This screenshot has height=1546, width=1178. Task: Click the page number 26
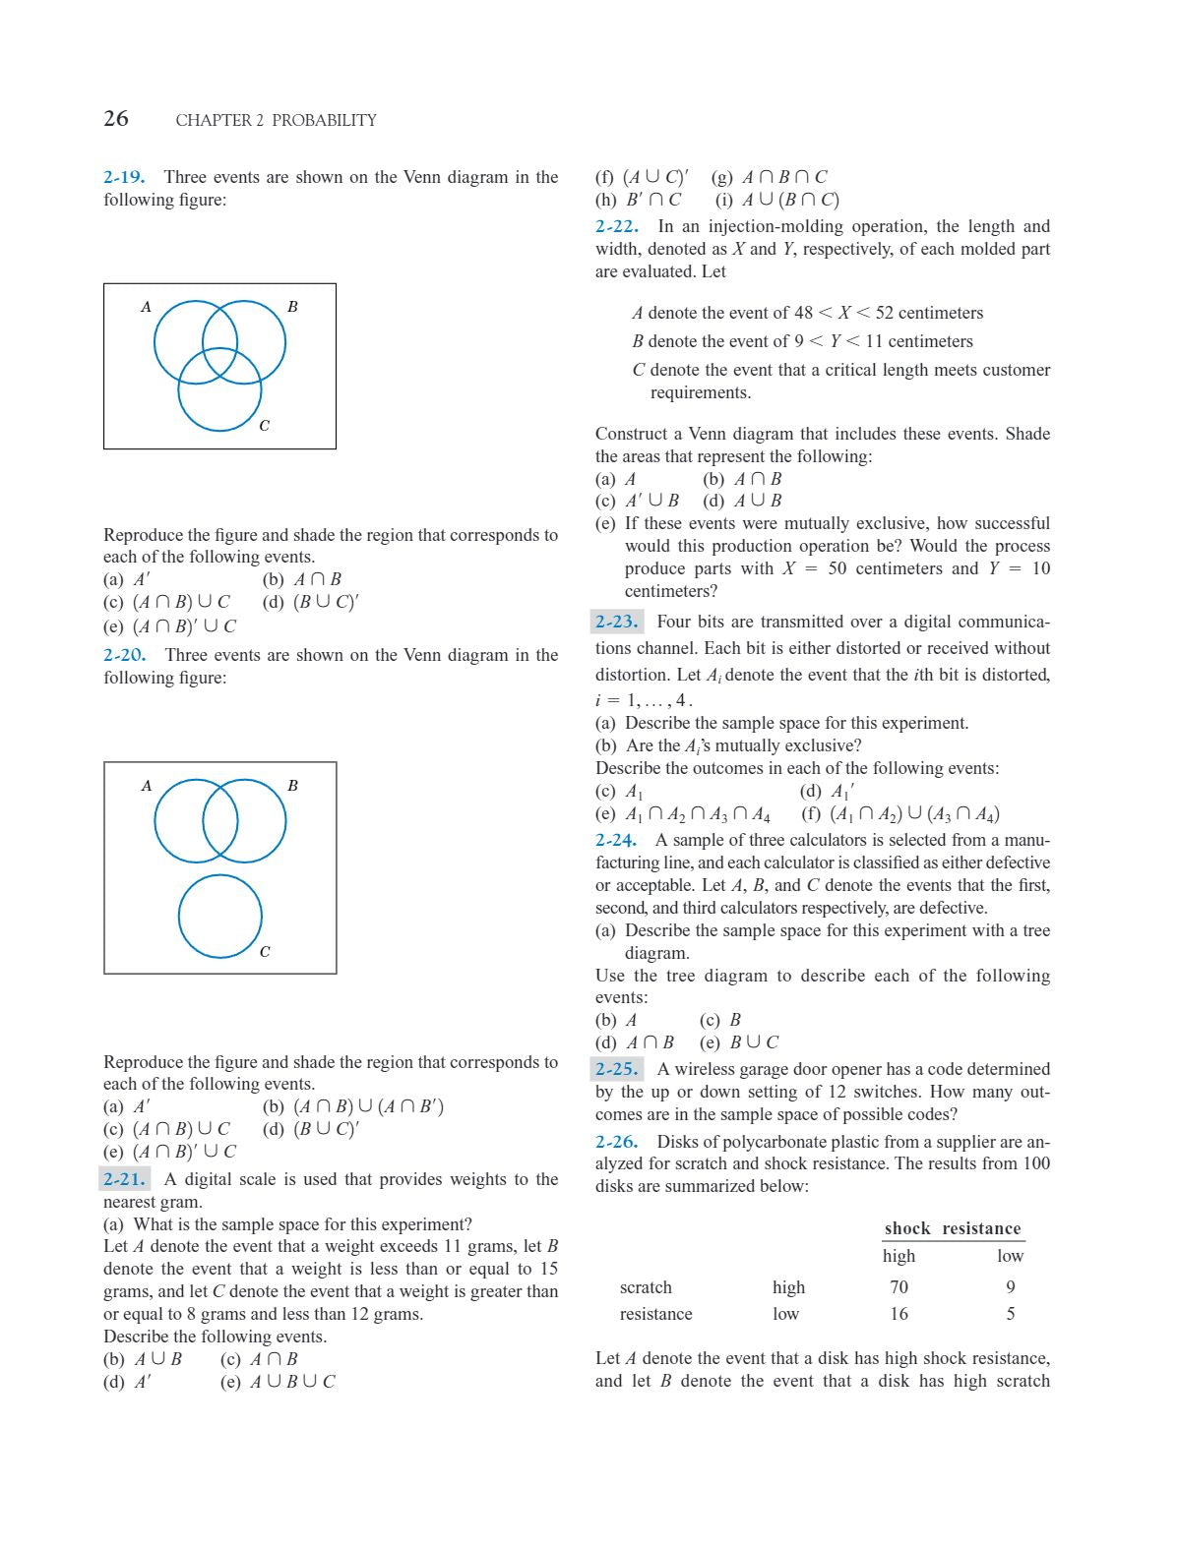click(116, 119)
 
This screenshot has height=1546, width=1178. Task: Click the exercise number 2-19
click(124, 177)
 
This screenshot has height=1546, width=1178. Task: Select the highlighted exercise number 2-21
click(125, 1179)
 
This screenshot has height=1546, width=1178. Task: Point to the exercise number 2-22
click(616, 226)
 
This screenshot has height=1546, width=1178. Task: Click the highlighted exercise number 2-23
click(617, 622)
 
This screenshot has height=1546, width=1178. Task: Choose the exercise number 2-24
click(616, 840)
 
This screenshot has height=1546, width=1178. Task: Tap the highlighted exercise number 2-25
click(617, 1069)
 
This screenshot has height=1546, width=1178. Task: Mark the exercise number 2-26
click(617, 1142)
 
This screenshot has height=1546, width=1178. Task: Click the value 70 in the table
click(899, 1286)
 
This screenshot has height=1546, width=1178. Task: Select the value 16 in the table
click(899, 1314)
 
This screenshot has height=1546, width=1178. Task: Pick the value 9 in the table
click(1011, 1286)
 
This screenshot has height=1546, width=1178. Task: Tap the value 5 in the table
click(1011, 1314)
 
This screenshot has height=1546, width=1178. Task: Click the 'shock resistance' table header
click(953, 1228)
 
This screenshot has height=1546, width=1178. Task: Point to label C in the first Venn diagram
click(264, 426)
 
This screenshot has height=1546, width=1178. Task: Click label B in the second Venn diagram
click(292, 786)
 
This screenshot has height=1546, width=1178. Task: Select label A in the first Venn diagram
click(147, 307)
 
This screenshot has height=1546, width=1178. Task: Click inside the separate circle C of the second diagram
click(219, 916)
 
